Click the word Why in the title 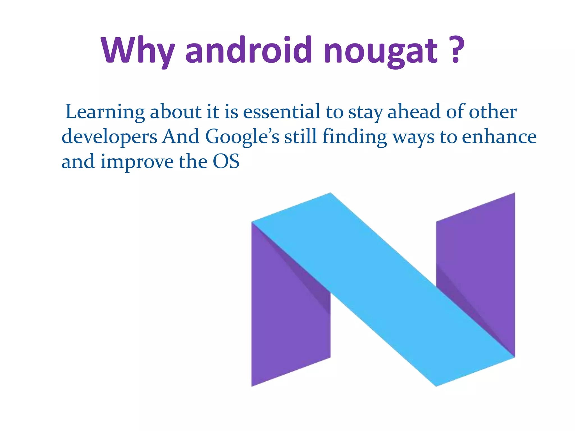click(x=138, y=51)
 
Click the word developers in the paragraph click(x=109, y=137)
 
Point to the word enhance click(x=499, y=137)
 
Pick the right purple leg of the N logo click(x=477, y=253)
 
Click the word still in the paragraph click(x=300, y=137)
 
